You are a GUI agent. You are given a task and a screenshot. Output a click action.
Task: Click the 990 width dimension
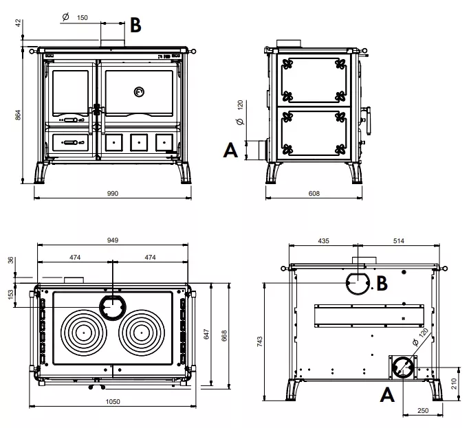pyautogui.click(x=113, y=194)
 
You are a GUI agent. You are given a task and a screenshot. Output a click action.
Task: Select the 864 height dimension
pyautogui.click(x=19, y=115)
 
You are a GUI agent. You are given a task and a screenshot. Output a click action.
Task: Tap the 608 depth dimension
pyautogui.click(x=314, y=194)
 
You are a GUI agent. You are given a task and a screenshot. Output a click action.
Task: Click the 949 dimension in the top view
pyautogui.click(x=113, y=240)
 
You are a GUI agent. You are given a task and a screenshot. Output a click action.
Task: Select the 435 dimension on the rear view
pyautogui.click(x=324, y=241)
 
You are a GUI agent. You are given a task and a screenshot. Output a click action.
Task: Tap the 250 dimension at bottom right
pyautogui.click(x=422, y=411)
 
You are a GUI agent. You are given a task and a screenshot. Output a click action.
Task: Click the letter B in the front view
pyautogui.click(x=135, y=25)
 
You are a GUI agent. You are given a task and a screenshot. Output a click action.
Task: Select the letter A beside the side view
pyautogui.click(x=232, y=149)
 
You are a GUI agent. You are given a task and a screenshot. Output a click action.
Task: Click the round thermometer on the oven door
pyautogui.click(x=139, y=91)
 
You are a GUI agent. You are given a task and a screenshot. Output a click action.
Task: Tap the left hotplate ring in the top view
pyautogui.click(x=84, y=332)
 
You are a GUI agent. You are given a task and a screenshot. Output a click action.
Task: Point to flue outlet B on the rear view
pyautogui.click(x=358, y=282)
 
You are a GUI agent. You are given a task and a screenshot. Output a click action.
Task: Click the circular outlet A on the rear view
pyautogui.click(x=402, y=368)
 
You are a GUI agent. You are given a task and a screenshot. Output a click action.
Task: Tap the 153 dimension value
pyautogui.click(x=10, y=293)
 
